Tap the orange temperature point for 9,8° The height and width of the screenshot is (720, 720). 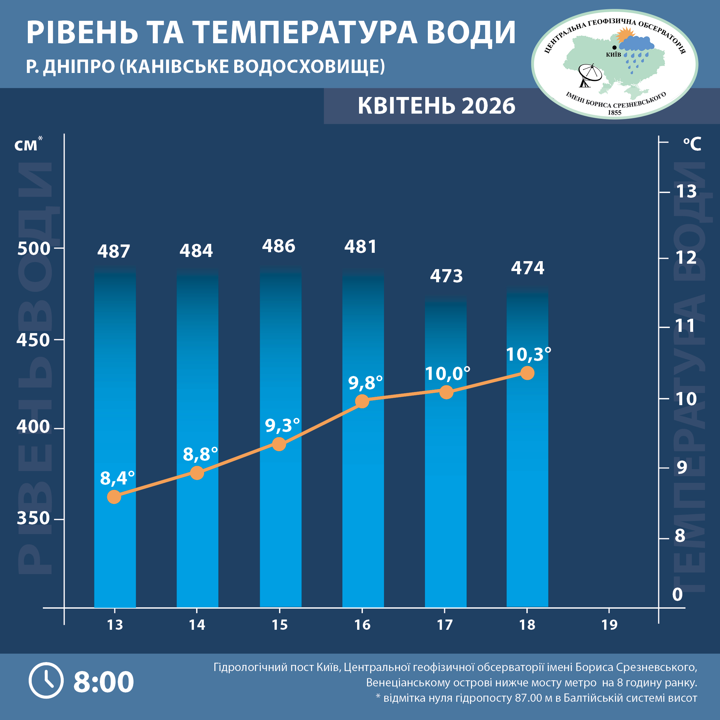click(362, 401)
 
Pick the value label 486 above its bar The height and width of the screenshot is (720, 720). click(278, 246)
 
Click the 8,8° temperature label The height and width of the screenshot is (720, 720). click(200, 454)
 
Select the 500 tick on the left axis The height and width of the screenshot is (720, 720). click(34, 249)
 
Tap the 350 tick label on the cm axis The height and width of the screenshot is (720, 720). click(33, 518)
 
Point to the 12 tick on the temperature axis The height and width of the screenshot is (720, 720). click(686, 258)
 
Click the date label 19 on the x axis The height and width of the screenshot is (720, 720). click(609, 625)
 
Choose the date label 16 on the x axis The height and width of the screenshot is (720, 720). click(362, 625)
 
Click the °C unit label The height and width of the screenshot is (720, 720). click(692, 144)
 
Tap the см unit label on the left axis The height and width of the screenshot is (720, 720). click(26, 145)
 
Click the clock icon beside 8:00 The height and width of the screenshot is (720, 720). click(46, 681)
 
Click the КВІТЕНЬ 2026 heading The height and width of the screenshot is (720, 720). click(436, 106)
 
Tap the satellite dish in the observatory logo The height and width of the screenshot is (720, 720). click(589, 75)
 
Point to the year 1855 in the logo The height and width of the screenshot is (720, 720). click(614, 113)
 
